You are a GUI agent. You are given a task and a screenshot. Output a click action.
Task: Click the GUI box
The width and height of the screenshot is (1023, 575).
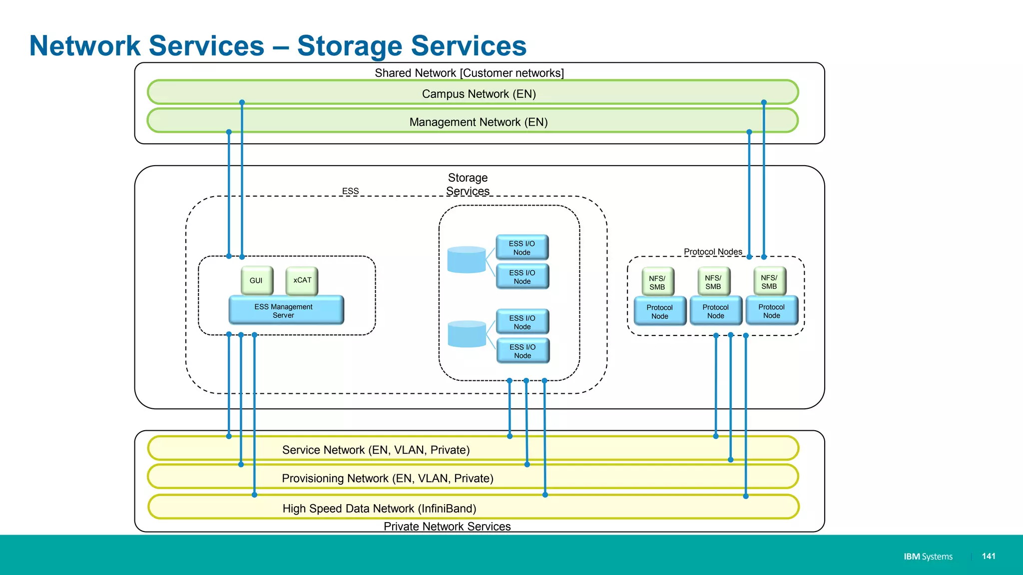257,281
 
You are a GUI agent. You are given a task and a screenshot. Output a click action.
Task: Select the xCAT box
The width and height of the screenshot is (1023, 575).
302,281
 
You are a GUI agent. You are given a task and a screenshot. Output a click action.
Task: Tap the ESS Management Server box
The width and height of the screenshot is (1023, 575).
286,310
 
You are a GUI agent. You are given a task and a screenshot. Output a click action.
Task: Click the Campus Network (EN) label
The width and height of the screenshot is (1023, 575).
479,94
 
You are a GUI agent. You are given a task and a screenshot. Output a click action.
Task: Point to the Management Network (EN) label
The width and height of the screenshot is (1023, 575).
479,122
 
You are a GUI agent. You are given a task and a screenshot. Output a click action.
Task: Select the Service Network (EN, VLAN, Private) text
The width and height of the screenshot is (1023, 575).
376,450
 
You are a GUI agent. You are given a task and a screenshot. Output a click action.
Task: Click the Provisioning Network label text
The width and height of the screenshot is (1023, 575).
387,478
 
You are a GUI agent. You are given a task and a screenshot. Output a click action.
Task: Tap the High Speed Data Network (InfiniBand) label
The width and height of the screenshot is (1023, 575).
379,508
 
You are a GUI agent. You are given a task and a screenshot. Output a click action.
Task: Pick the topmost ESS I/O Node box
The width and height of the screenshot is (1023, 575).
522,248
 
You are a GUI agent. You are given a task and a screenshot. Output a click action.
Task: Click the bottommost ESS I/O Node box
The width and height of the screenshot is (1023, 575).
522,351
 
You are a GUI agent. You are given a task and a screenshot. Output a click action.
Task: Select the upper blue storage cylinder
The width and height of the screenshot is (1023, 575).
467,260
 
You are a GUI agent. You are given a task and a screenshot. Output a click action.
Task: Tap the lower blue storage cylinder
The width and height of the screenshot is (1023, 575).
467,334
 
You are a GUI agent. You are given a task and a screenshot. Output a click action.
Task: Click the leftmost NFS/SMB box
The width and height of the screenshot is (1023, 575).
657,282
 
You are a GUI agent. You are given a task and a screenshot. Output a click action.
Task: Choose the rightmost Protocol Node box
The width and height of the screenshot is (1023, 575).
772,311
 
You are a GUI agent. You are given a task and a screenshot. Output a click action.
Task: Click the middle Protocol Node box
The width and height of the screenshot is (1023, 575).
716,311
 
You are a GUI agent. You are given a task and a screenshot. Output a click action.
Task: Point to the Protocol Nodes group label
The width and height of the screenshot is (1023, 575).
713,252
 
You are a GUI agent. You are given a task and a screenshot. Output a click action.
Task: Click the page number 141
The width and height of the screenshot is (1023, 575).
989,556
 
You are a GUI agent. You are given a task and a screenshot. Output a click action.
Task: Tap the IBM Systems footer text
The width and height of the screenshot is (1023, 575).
928,556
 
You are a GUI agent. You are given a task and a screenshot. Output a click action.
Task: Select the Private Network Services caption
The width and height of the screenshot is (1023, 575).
447,526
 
